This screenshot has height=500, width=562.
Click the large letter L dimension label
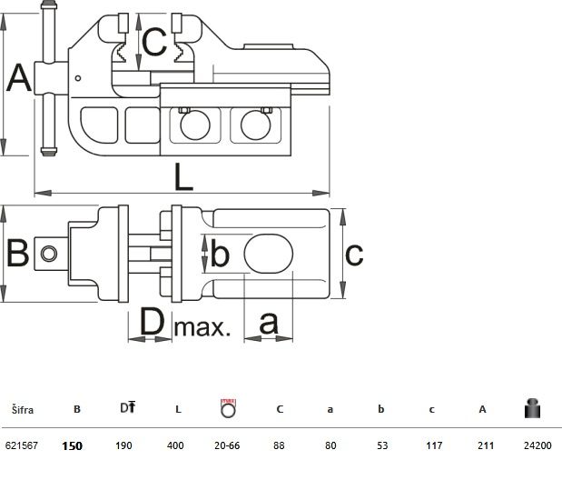click(x=183, y=177)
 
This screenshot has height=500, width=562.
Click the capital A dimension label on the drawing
click(x=19, y=78)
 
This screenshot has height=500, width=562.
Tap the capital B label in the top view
click(x=17, y=253)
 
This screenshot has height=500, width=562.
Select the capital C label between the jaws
click(x=154, y=41)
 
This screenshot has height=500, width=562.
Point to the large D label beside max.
click(x=152, y=321)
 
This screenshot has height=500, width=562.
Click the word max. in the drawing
click(x=202, y=327)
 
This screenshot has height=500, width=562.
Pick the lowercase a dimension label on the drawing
click(x=269, y=323)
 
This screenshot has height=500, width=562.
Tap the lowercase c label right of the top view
click(x=354, y=255)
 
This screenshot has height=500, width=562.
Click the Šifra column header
click(x=23, y=410)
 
